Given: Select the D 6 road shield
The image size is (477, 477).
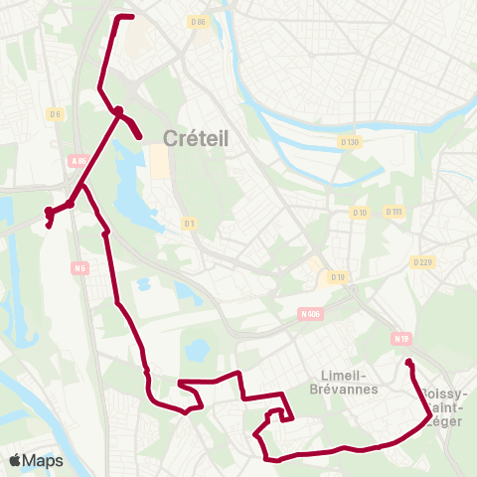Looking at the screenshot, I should [x=55, y=114].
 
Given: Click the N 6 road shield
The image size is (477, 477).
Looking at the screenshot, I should [x=80, y=266].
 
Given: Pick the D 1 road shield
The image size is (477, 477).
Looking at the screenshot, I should [x=189, y=224].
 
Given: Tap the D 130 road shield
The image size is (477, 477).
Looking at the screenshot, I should [x=349, y=142].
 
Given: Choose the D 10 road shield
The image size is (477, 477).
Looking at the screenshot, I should [x=360, y=212].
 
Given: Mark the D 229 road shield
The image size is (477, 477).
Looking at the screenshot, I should [x=422, y=262].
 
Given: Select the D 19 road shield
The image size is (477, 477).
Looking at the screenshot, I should [x=338, y=277].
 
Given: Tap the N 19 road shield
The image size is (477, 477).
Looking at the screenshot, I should [x=401, y=339].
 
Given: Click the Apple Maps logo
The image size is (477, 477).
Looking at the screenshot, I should [x=36, y=460].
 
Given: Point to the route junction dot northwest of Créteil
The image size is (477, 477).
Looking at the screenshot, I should [x=118, y=110].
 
